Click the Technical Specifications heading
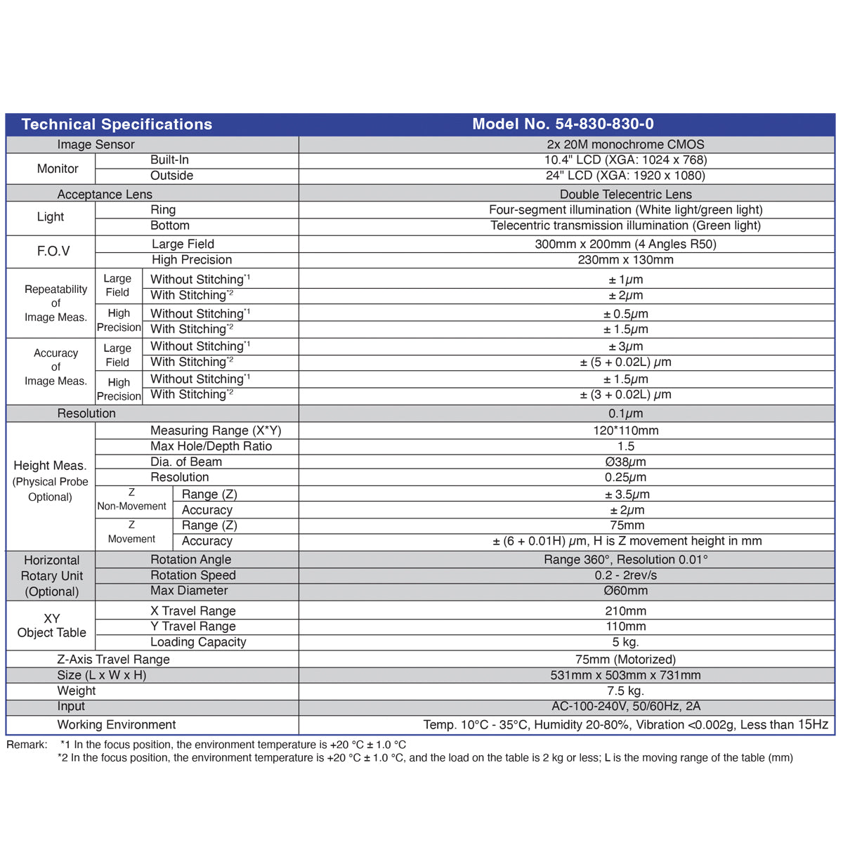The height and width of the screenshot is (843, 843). pyautogui.click(x=117, y=124)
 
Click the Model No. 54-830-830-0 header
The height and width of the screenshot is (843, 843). pyautogui.click(x=563, y=124)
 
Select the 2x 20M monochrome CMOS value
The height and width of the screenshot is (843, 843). pyautogui.click(x=625, y=145)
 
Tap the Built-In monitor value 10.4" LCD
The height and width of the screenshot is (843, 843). pyautogui.click(x=625, y=160)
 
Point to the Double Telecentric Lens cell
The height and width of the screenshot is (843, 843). pyautogui.click(x=625, y=195)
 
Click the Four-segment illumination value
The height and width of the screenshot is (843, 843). pyautogui.click(x=625, y=210)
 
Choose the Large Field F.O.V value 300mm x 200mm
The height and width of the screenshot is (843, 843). pyautogui.click(x=625, y=244)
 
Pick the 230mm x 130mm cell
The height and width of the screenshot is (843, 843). pyautogui.click(x=625, y=260)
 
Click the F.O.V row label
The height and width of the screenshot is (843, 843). pyautogui.click(x=53, y=251)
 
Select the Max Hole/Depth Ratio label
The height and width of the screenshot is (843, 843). pyautogui.click(x=211, y=447)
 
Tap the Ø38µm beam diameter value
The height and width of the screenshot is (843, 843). pyautogui.click(x=625, y=462)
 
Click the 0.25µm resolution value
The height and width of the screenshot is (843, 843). pyautogui.click(x=625, y=478)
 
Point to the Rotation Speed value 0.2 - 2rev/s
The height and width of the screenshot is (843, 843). pyautogui.click(x=625, y=575)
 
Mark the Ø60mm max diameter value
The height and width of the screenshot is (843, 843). pyautogui.click(x=625, y=591)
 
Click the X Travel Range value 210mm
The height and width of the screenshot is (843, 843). pyautogui.click(x=625, y=611)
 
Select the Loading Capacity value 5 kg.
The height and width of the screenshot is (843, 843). pyautogui.click(x=625, y=642)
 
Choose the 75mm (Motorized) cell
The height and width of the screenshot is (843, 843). pyautogui.click(x=625, y=660)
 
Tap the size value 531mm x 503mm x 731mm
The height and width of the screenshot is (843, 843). pyautogui.click(x=625, y=675)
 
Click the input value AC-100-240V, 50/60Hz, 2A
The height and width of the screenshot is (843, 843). pyautogui.click(x=625, y=706)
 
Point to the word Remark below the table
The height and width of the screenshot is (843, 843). pyautogui.click(x=27, y=745)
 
